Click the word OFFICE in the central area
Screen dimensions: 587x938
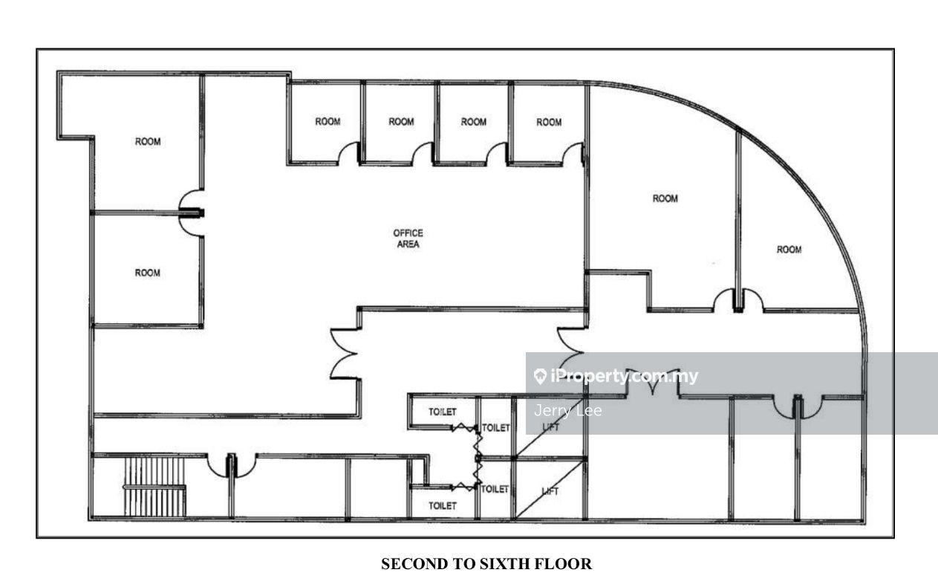pyautogui.click(x=408, y=233)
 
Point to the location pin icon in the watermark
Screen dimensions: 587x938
pyautogui.click(x=541, y=376)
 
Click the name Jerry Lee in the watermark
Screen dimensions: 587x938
pyautogui.click(x=568, y=410)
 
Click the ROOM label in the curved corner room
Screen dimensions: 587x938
pyautogui.click(x=789, y=250)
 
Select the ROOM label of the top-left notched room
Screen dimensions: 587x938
pyautogui.click(x=148, y=141)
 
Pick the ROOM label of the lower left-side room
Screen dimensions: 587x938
pyautogui.click(x=147, y=273)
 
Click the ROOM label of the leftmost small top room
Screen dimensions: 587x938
pyautogui.click(x=328, y=122)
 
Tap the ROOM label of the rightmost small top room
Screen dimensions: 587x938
pyautogui.click(x=549, y=123)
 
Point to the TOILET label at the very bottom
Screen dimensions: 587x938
pyautogui.click(x=443, y=505)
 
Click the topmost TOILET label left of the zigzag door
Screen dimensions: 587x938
pyautogui.click(x=442, y=411)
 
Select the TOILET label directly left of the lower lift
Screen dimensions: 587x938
pyautogui.click(x=495, y=489)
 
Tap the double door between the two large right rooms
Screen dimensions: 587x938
pyautogui.click(x=738, y=300)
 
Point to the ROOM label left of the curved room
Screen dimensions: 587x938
pyautogui.click(x=665, y=198)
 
